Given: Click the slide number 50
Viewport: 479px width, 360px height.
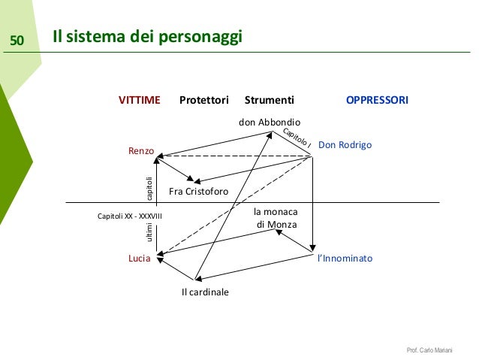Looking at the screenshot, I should coord(17,39).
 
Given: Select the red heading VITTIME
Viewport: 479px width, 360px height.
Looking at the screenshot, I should coord(140,99).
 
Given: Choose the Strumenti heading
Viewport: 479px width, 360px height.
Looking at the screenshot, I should coord(270,99).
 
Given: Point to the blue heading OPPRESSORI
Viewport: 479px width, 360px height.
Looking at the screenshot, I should coord(377,99).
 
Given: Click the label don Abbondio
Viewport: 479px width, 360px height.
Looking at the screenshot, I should coord(270,122).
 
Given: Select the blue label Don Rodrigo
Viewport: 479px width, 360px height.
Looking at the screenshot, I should coord(345,144).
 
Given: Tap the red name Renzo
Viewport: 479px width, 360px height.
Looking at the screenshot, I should coord(141,152).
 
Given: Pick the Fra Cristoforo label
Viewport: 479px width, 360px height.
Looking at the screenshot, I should coord(198,192).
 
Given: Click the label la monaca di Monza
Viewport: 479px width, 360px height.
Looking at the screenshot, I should coord(276,218).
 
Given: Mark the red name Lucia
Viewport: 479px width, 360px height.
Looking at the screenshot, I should coord(138,258).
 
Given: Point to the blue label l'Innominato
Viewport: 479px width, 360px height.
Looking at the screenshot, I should coord(345,258).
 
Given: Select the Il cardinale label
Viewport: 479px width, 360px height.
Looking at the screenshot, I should coord(205,292).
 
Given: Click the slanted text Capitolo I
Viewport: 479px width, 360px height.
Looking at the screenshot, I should coord(297,137).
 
